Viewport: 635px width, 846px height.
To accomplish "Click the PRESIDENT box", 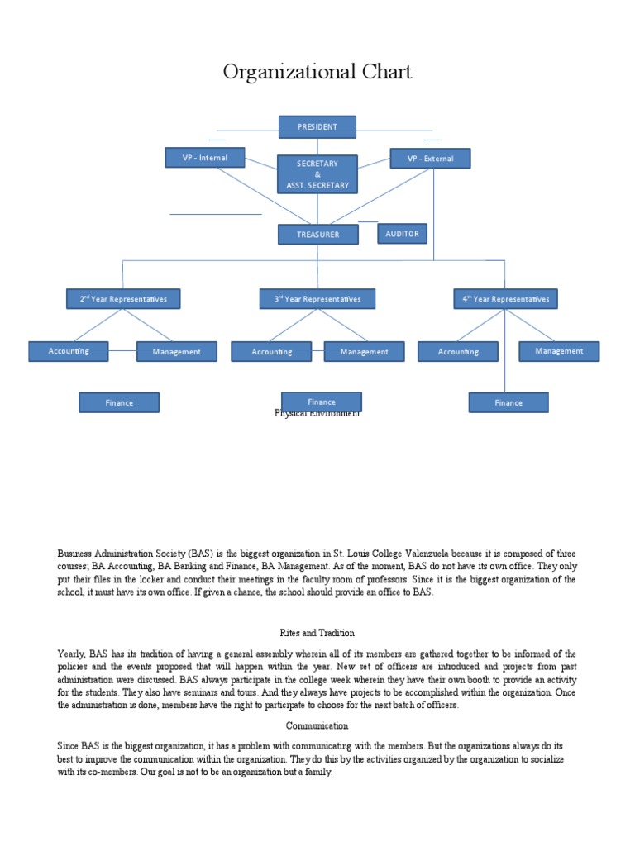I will [x=317, y=126].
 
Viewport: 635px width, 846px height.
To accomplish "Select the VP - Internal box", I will [x=204, y=157].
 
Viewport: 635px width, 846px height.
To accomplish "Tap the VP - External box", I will [x=430, y=158].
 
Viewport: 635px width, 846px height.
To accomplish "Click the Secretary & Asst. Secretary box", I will [x=317, y=174].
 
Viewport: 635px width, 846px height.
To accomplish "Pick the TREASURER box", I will [x=318, y=235].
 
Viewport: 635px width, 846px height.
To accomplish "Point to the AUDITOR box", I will [x=403, y=234].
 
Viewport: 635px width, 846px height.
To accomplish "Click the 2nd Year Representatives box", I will [x=123, y=299].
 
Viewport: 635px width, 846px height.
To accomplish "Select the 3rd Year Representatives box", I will [x=317, y=299].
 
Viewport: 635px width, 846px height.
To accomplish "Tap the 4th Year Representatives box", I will [x=506, y=299].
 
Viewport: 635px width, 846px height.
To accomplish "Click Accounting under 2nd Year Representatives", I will [x=69, y=351].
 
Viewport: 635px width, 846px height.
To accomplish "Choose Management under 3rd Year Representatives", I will [x=364, y=351].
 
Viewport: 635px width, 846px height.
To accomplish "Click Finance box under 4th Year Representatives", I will [x=508, y=402].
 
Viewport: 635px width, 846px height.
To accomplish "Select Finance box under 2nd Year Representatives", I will [x=119, y=402].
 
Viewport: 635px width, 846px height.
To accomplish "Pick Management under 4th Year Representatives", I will [x=559, y=351].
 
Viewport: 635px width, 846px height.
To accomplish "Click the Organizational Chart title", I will [x=317, y=73].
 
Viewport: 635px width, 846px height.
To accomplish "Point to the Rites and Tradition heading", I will [x=317, y=633].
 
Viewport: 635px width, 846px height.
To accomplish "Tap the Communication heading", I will [x=317, y=725].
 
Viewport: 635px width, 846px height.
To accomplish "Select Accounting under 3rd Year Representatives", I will [x=272, y=351].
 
